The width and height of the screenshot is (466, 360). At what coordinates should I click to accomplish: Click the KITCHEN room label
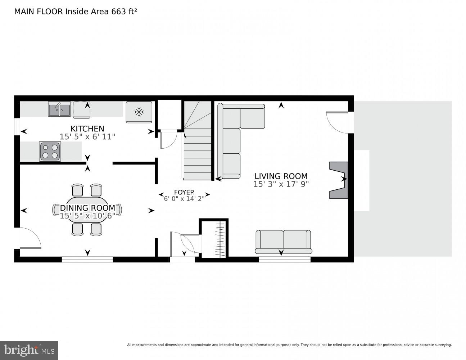[x=87, y=129]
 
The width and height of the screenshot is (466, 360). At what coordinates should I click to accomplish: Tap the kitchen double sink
[x=59, y=109]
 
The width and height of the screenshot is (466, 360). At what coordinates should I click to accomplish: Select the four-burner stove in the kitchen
[x=50, y=151]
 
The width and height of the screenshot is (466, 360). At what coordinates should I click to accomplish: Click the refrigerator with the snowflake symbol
[x=139, y=112]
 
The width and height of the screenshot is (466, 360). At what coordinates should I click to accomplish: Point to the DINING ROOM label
[x=87, y=208]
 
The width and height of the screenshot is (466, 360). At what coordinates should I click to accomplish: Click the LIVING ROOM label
[x=281, y=176]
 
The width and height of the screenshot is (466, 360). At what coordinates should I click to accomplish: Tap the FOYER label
[x=184, y=192]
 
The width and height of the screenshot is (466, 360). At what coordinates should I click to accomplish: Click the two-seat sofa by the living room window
[x=283, y=241]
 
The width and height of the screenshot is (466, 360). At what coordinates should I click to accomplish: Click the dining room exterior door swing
[x=30, y=238]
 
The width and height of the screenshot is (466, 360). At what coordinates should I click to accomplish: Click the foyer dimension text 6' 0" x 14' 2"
[x=184, y=198]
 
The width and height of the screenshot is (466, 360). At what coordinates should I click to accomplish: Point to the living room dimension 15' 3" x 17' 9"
[x=281, y=184]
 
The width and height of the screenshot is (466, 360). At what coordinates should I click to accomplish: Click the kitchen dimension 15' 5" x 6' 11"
[x=87, y=136]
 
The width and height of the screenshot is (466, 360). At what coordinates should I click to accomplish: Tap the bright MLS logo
[x=29, y=350]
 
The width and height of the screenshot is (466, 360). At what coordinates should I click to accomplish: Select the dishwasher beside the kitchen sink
[x=82, y=110]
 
